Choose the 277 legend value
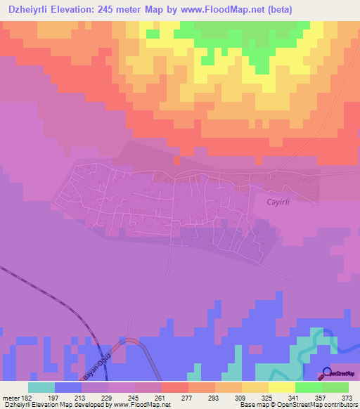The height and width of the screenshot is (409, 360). coord(188,397)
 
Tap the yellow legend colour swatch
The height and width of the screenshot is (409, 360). coord(281,387)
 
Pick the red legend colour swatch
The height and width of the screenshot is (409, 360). coord(174,387)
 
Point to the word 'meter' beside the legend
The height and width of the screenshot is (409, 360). coord(11,397)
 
